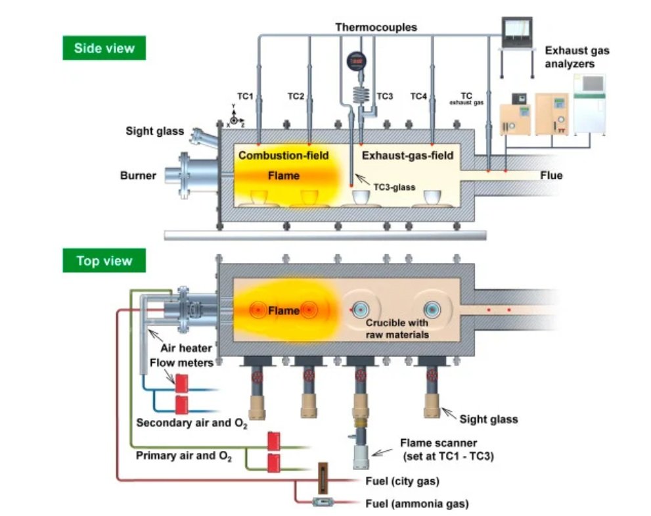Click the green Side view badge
pyautogui.click(x=104, y=48)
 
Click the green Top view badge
pyautogui.click(x=104, y=260)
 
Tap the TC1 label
pyautogui.click(x=245, y=97)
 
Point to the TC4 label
pyautogui.click(x=418, y=97)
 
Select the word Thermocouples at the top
pyautogui.click(x=376, y=27)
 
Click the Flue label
pyautogui.click(x=550, y=176)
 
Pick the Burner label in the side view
pyautogui.click(x=138, y=176)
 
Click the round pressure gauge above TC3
pyautogui.click(x=356, y=61)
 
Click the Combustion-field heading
pyautogui.click(x=283, y=156)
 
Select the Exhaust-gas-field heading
pyautogui.click(x=408, y=156)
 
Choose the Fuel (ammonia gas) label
pyautogui.click(x=416, y=504)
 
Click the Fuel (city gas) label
pyautogui.click(x=401, y=481)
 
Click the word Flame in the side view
pyautogui.click(x=284, y=176)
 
